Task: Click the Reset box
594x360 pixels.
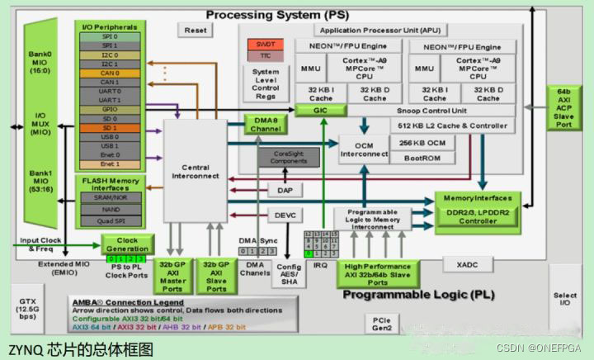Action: pos(196,30)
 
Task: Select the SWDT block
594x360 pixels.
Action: pos(266,42)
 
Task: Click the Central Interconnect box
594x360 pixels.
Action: pos(196,171)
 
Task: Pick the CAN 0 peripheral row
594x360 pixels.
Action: pos(110,73)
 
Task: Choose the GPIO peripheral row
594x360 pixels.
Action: pos(110,108)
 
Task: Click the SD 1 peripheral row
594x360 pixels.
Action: pos(110,127)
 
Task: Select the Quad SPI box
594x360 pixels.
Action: pos(110,220)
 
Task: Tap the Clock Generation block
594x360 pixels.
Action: pos(127,244)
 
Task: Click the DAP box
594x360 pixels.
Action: pos(284,190)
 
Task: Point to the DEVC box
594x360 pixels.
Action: pos(284,215)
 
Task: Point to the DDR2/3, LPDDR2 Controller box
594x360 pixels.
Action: pos(478,216)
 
